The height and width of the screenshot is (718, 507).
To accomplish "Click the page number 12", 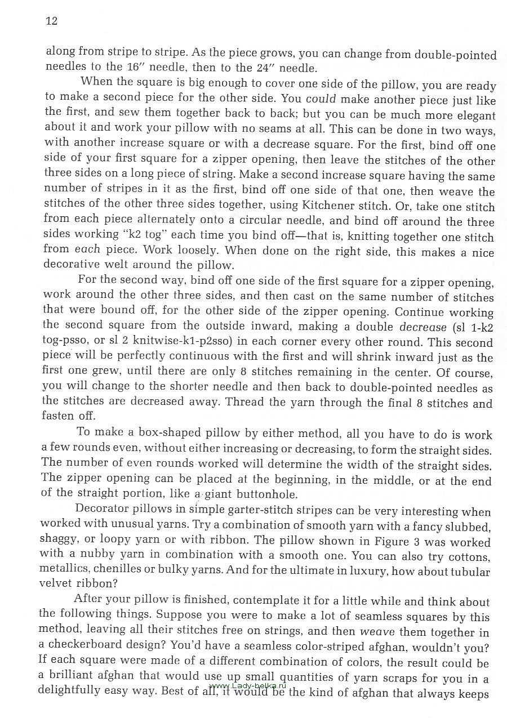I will (x=51, y=21).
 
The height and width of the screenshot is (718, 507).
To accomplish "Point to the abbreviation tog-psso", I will (x=65, y=341).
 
